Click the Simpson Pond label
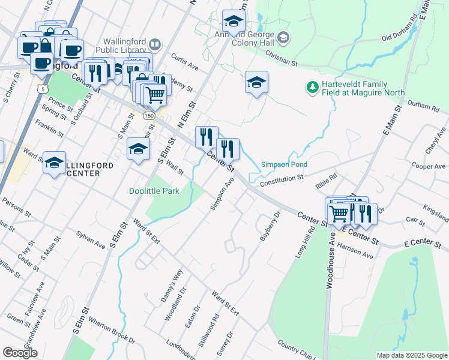click(284, 164)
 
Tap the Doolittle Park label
click(154, 191)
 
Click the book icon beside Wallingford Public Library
click(155, 44)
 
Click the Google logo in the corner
click(20, 352)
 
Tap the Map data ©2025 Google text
click(411, 355)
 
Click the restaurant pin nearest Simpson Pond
click(228, 149)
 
